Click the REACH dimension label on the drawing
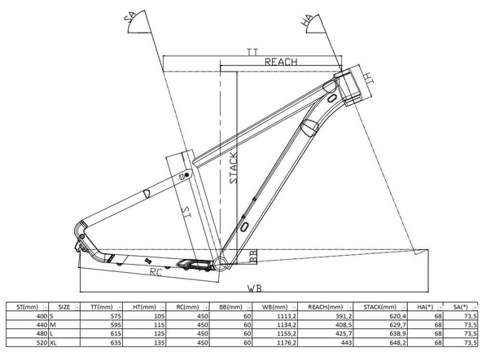click(x=281, y=62)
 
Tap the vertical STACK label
click(x=234, y=168)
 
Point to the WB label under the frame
click(x=255, y=288)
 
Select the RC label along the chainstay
click(x=156, y=272)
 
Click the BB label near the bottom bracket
click(x=253, y=257)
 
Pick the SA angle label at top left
click(x=129, y=17)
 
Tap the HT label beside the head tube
click(x=369, y=77)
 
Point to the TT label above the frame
click(x=252, y=52)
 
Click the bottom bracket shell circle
click(x=221, y=263)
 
